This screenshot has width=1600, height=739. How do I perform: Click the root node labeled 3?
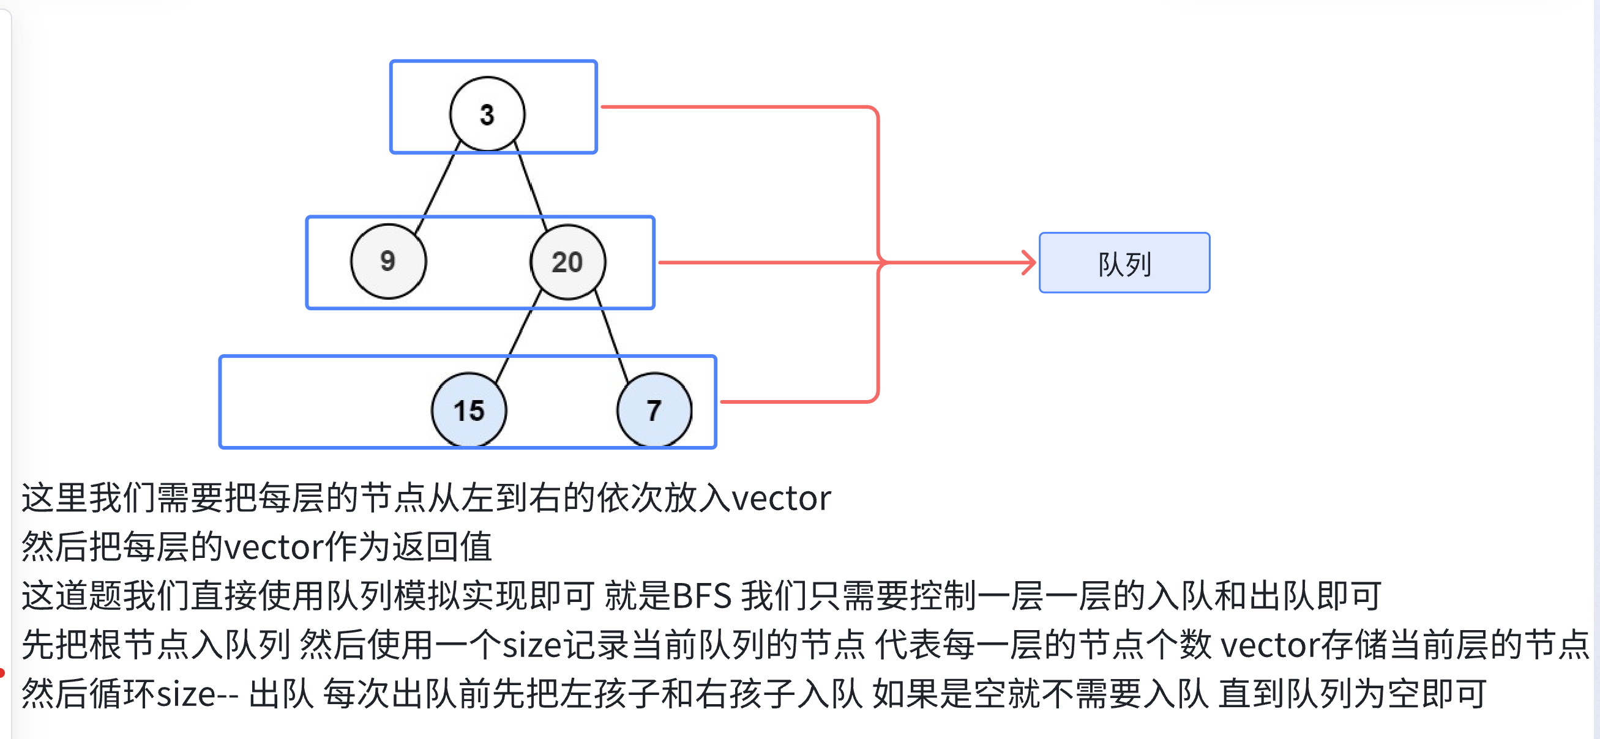click(x=488, y=114)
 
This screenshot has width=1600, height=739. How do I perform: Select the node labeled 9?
click(x=389, y=261)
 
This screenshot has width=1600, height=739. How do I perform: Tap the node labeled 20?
click(x=567, y=262)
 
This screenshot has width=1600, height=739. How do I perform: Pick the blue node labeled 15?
click(x=469, y=410)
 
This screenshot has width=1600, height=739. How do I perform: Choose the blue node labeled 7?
click(x=654, y=410)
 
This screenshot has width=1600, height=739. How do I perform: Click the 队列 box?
click(x=1124, y=262)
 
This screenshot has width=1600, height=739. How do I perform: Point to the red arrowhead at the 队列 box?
click(x=1030, y=262)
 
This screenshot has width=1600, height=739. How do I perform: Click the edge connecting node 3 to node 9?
click(x=438, y=187)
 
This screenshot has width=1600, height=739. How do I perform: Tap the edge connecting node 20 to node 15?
click(x=518, y=336)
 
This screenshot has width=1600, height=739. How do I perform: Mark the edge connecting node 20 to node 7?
click(x=612, y=335)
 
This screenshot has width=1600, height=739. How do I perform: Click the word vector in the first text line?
click(x=781, y=498)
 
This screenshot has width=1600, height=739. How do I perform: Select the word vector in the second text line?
click(x=273, y=547)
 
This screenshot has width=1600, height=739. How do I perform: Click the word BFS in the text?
click(x=702, y=596)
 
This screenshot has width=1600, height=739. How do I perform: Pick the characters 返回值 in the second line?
click(x=441, y=547)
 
